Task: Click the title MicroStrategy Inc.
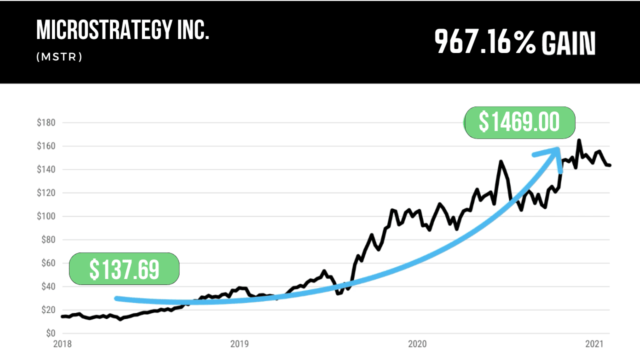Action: (122, 31)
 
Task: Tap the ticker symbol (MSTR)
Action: (59, 57)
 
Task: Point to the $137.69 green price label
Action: (124, 269)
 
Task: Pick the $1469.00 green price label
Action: (519, 122)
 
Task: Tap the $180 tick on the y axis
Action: (46, 122)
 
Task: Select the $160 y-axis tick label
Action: (46, 146)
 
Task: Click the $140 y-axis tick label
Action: (46, 169)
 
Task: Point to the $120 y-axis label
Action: (46, 193)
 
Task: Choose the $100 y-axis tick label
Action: (46, 216)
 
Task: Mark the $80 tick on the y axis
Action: (47, 240)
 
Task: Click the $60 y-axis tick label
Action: (47, 263)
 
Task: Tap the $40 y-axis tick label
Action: (47, 287)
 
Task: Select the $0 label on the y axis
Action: (50, 333)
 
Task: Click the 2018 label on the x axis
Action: (62, 344)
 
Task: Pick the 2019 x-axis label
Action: (239, 344)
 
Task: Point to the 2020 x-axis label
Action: (417, 344)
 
